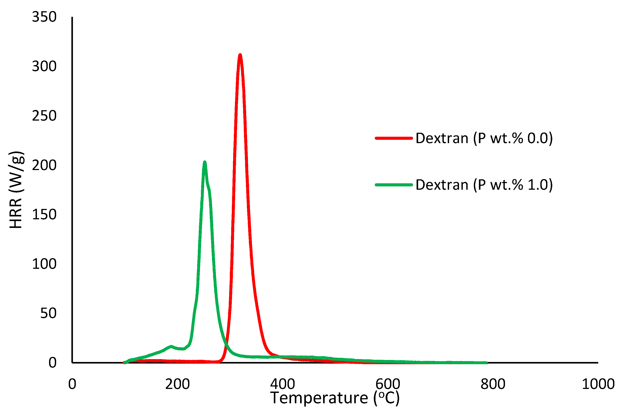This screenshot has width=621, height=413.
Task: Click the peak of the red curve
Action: click(x=240, y=55)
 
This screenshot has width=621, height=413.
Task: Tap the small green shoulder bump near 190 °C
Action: click(x=171, y=347)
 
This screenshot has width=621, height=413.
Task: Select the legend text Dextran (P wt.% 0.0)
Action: click(x=484, y=138)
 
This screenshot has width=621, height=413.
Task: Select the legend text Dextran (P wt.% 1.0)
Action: click(x=484, y=185)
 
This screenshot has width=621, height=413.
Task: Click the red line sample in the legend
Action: click(x=394, y=138)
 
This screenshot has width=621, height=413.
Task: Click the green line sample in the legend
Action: click(x=394, y=185)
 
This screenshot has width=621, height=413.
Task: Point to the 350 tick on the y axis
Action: click(x=44, y=17)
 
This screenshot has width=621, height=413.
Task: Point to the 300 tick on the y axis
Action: click(x=44, y=66)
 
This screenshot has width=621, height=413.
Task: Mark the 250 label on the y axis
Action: click(x=44, y=116)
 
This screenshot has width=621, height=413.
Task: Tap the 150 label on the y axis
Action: click(x=44, y=215)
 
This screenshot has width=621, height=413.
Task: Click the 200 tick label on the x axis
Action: click(x=177, y=384)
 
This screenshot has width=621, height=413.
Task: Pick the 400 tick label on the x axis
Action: click(x=282, y=384)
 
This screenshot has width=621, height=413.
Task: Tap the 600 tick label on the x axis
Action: click(x=388, y=384)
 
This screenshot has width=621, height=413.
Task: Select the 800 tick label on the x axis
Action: click(x=493, y=384)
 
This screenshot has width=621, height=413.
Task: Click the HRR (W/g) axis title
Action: click(x=16, y=190)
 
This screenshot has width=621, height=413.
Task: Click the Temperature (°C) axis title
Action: click(x=335, y=398)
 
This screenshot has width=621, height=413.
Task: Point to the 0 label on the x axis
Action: click(x=72, y=384)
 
